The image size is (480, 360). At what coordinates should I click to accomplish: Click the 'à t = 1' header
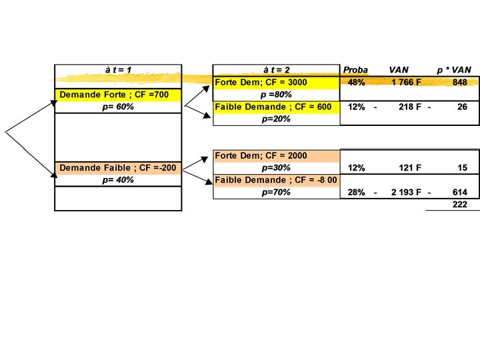tap(118, 70)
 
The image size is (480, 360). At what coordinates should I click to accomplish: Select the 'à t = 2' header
tap(276, 70)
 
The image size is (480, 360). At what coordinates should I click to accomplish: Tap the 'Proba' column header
tap(355, 70)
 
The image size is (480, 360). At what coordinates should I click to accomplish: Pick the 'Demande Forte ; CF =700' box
tap(114, 95)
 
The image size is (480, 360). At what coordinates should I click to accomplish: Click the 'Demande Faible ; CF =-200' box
tap(118, 167)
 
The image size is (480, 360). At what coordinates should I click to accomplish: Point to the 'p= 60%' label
tap(118, 107)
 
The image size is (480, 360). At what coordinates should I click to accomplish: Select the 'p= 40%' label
tap(118, 180)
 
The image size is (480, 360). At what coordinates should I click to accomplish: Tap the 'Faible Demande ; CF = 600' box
tap(273, 107)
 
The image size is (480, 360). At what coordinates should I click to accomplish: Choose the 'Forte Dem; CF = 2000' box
tap(261, 155)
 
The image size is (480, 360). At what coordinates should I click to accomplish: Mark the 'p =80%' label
tap(276, 95)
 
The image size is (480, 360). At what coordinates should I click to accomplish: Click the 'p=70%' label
tap(276, 192)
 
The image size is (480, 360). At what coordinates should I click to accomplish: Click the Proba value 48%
tap(356, 83)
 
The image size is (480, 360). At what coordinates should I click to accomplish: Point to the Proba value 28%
tap(356, 192)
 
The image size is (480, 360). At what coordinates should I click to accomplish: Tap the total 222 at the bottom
tap(459, 205)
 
